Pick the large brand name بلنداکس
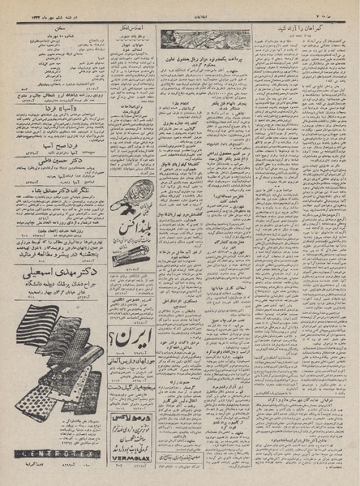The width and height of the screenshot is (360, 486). point(131,240)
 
